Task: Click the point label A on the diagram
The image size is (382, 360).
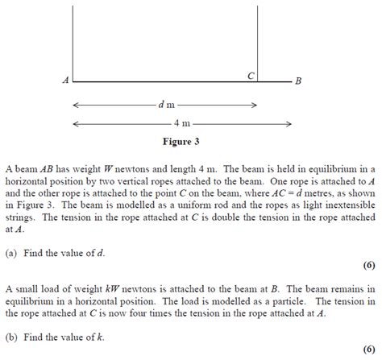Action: (64, 81)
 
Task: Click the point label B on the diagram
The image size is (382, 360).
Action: (299, 81)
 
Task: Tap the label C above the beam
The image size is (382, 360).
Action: (251, 74)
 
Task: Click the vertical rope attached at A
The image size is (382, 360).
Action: (73, 40)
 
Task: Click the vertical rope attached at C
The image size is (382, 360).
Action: (258, 40)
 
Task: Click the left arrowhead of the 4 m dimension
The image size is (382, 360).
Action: (76, 123)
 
